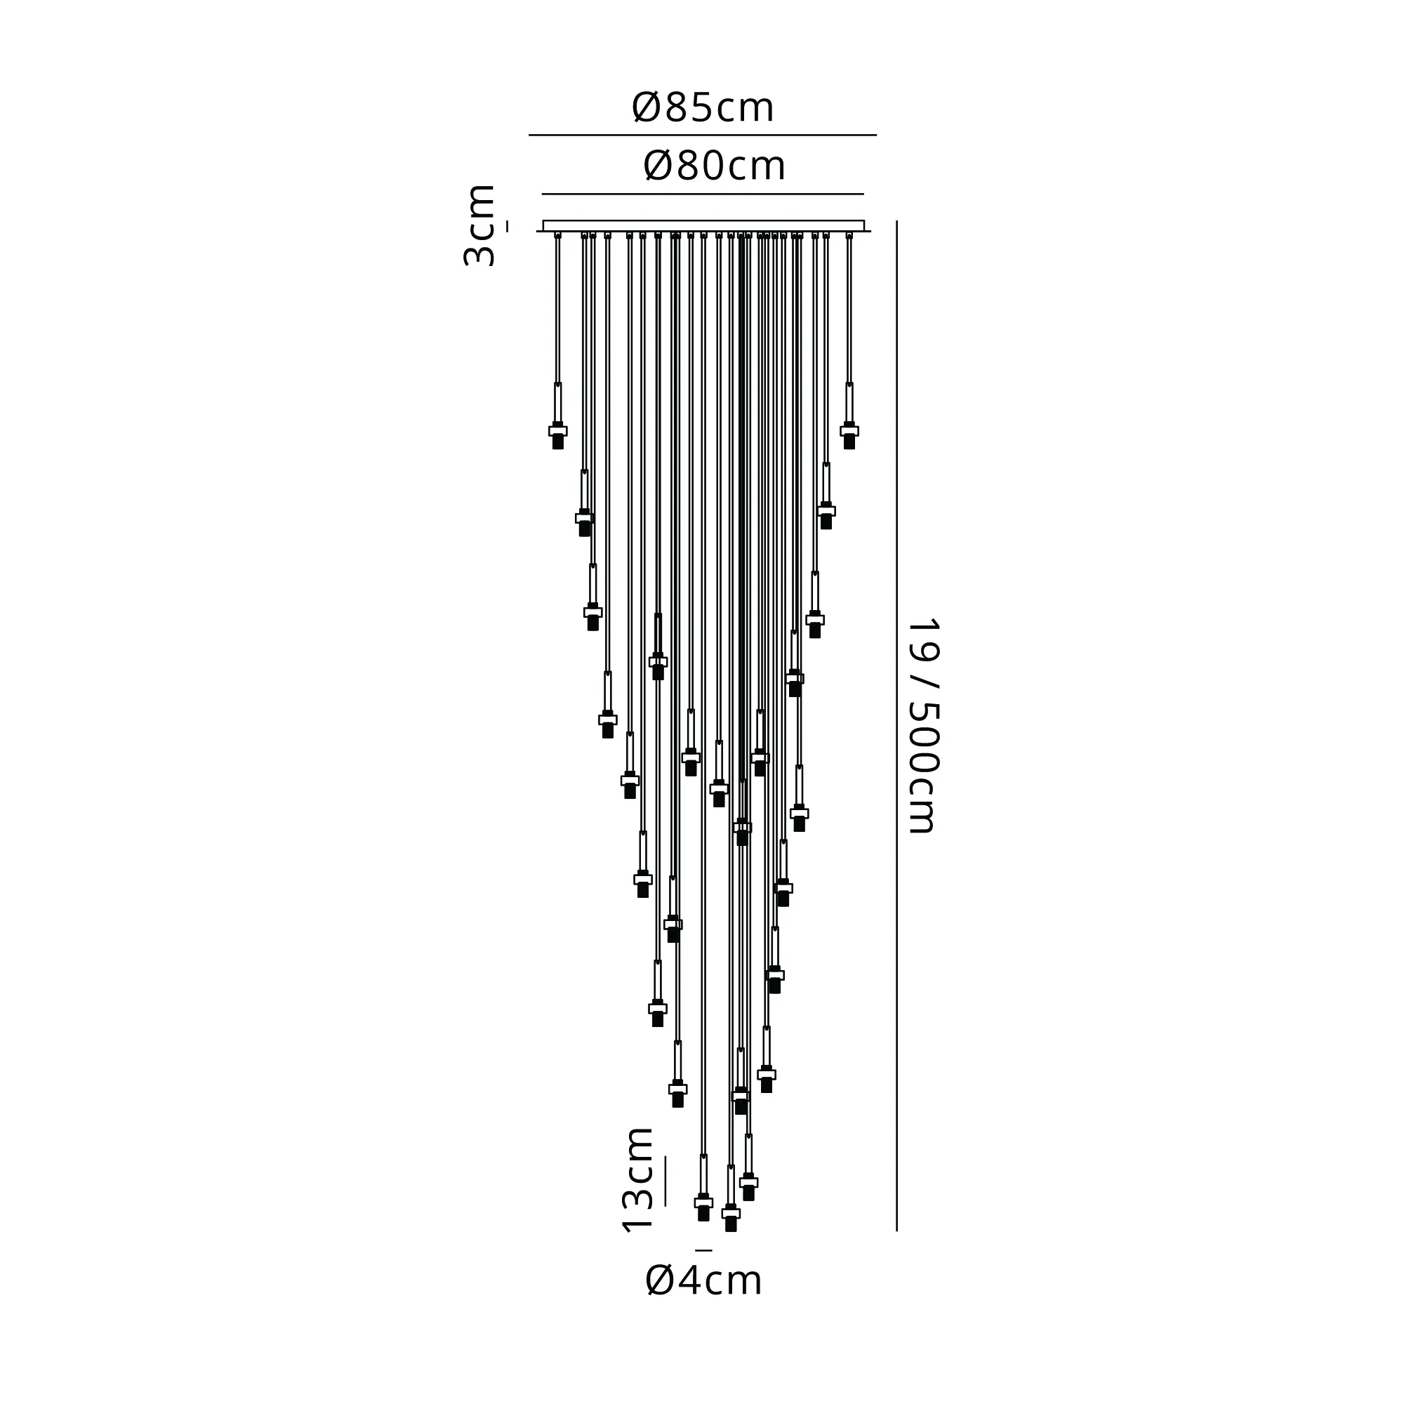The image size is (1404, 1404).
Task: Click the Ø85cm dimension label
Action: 703,107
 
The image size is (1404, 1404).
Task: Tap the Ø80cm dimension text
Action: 715,166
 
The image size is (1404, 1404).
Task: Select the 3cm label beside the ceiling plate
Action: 479,225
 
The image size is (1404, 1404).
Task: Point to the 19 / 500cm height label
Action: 925,725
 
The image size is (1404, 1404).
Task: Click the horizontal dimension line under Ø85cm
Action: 703,135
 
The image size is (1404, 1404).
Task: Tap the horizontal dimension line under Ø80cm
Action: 703,194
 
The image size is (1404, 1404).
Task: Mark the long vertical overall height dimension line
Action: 896,726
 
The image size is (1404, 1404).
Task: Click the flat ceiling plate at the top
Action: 703,226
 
